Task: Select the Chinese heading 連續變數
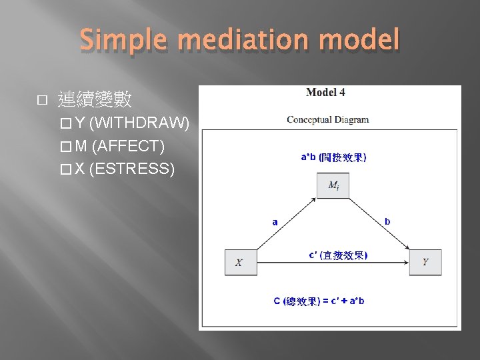click(95, 100)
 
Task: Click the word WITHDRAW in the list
click(139, 123)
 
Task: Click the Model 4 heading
click(325, 93)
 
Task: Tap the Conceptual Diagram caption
click(327, 120)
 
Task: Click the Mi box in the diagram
click(333, 186)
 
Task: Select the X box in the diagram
click(239, 262)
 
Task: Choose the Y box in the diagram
click(425, 262)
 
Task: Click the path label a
click(275, 222)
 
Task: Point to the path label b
click(388, 221)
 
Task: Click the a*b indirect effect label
click(333, 157)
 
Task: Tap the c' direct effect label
click(337, 255)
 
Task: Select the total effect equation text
click(319, 301)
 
